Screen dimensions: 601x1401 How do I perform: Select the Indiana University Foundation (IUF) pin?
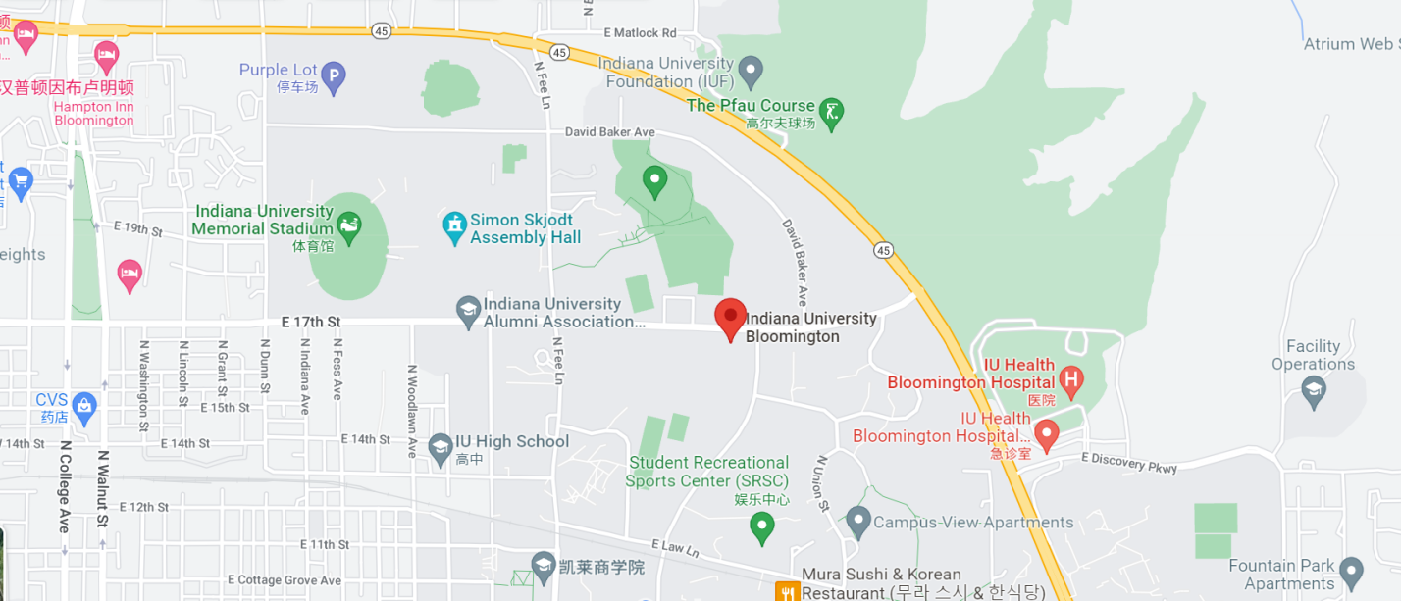(751, 71)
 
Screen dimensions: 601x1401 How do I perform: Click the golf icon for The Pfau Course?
(832, 113)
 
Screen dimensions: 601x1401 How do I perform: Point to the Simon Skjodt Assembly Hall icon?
(454, 227)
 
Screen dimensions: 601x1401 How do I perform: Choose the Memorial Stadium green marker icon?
(349, 227)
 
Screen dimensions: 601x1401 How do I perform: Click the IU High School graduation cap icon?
(441, 448)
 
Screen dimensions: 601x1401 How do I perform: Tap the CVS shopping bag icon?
(84, 406)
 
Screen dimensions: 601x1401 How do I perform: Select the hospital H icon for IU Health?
(1071, 377)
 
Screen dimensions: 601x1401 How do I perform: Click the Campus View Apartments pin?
(858, 521)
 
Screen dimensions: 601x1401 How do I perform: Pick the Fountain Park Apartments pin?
(1352, 571)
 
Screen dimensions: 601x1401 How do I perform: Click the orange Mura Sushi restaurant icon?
(787, 591)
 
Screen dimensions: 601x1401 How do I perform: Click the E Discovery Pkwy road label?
(1128, 463)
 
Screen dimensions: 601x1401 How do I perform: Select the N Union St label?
(822, 482)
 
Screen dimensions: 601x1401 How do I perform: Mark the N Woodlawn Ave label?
(412, 412)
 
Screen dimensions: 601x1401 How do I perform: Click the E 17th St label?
(310, 321)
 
